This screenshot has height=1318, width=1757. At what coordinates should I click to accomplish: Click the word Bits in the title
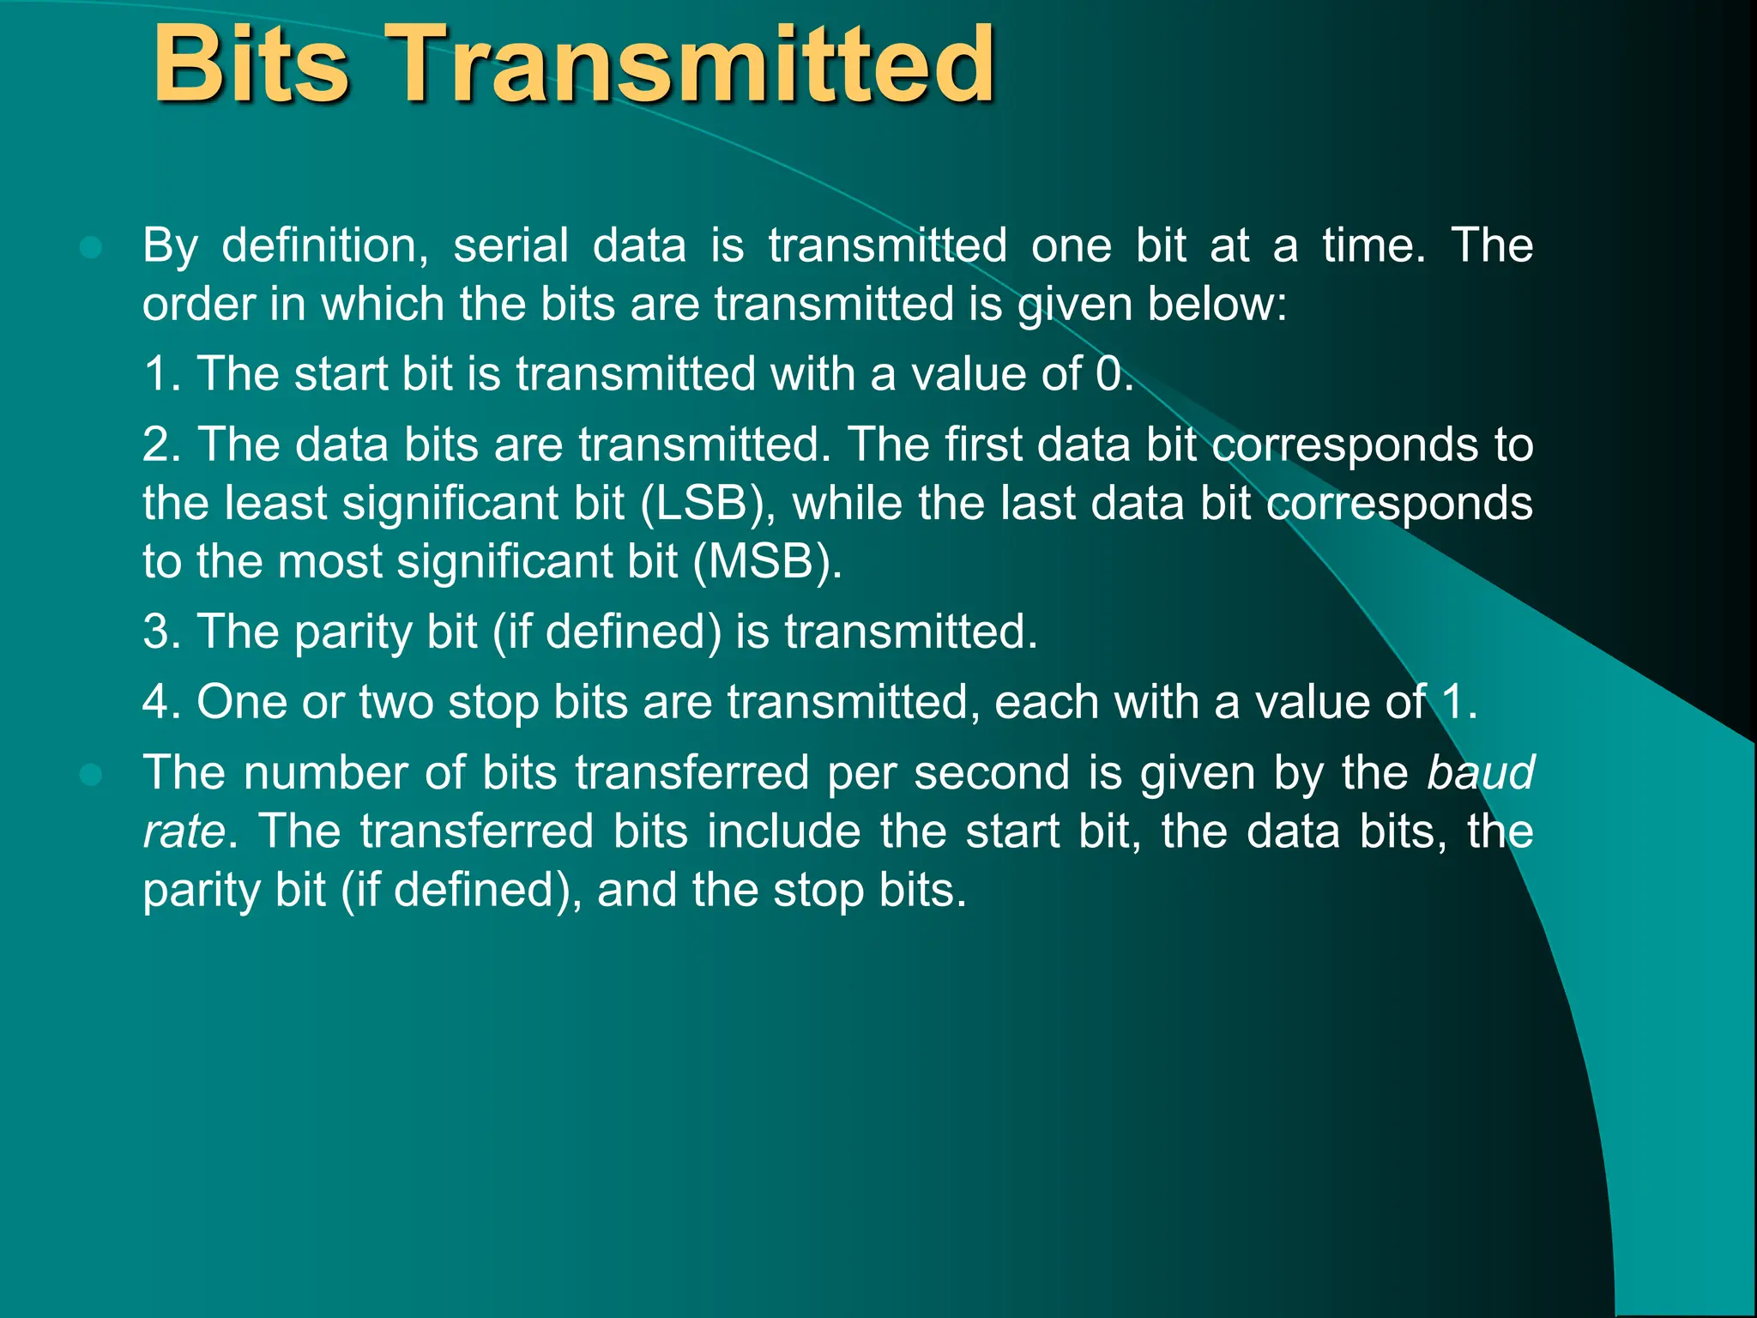point(251,64)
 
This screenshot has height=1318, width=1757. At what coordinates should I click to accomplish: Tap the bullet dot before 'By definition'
point(90,248)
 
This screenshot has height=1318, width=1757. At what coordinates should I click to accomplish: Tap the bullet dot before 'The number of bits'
point(90,775)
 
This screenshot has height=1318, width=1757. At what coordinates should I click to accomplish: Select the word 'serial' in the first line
point(510,246)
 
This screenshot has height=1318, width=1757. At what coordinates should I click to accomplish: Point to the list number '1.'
point(162,374)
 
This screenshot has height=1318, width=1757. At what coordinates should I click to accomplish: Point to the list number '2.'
point(162,444)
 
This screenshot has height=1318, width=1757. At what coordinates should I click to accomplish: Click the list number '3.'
point(162,632)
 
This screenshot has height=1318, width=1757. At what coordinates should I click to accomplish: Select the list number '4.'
point(162,702)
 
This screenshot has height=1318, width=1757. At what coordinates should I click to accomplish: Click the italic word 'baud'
point(1481,772)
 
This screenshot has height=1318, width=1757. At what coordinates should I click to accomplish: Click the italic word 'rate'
point(184,831)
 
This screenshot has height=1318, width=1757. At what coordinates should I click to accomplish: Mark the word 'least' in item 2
point(275,504)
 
